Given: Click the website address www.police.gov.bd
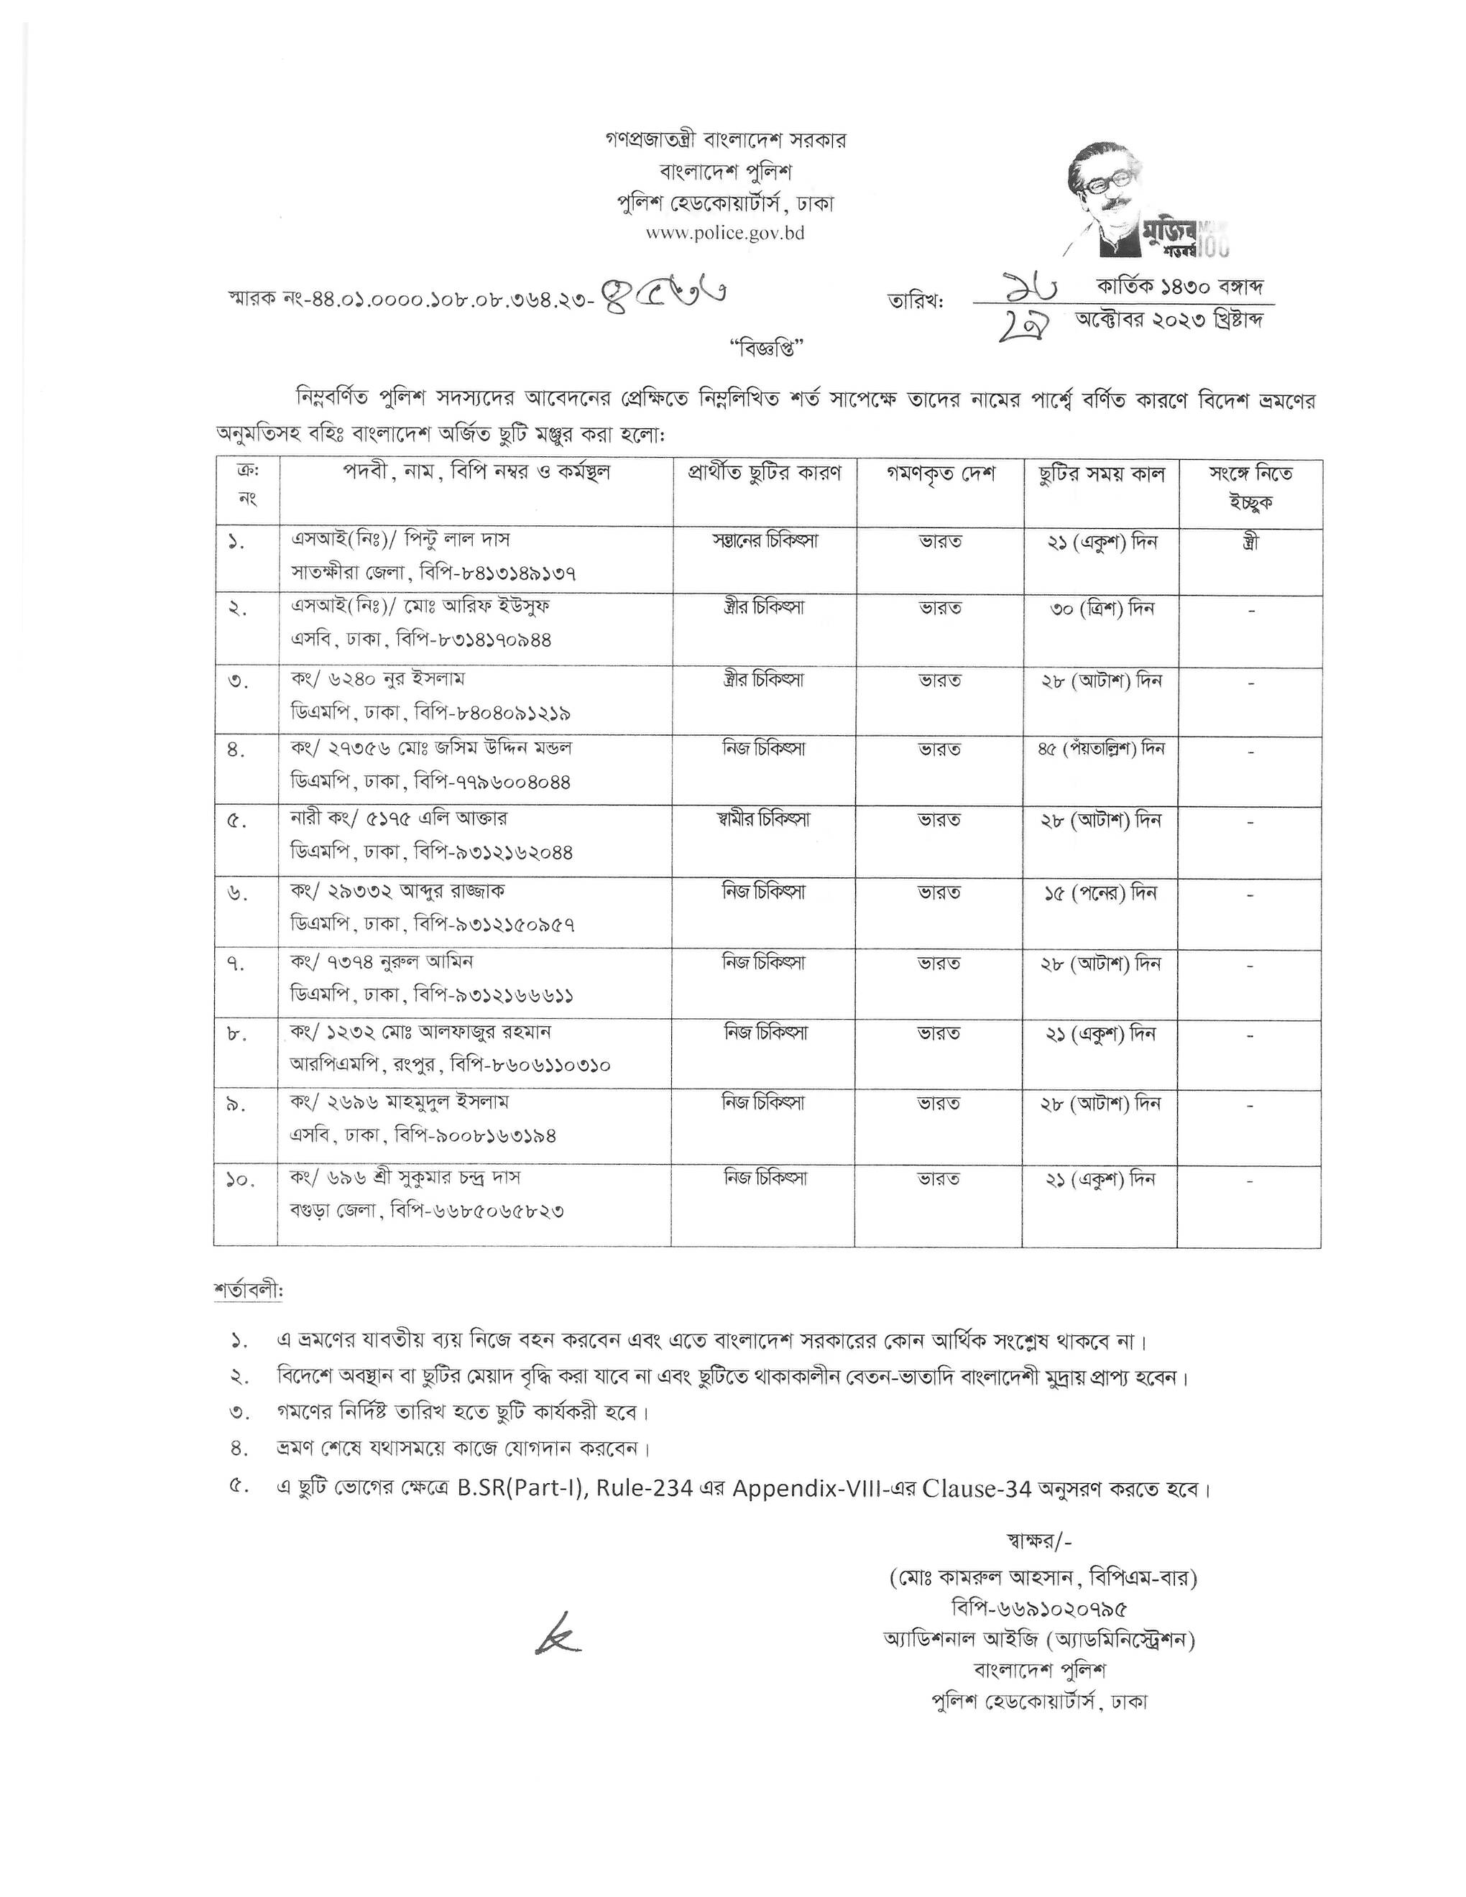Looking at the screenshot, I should click(724, 233).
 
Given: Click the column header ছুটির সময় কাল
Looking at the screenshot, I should click(1100, 474).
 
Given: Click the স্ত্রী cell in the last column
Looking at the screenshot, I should click(1250, 542).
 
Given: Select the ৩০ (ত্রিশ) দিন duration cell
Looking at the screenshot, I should click(1100, 609).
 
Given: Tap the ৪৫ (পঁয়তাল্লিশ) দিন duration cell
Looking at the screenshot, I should click(1100, 749).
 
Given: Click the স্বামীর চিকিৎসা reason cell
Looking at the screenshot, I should click(765, 820).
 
